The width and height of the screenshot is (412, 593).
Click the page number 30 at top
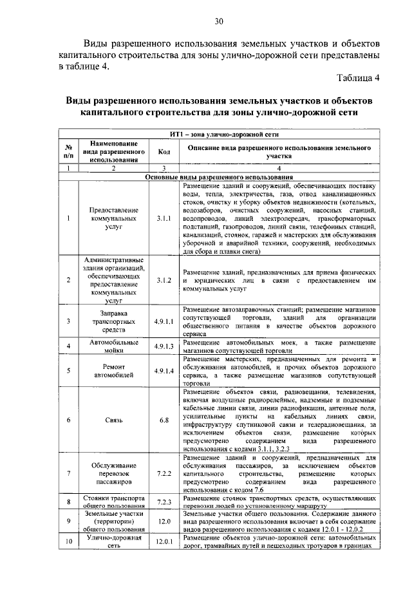[219, 22]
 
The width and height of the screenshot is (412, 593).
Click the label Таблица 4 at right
[358, 79]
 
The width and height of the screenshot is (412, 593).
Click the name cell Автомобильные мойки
[113, 346]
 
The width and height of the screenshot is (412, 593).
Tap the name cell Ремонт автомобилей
[113, 371]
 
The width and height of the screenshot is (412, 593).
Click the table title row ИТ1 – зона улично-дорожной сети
[219, 136]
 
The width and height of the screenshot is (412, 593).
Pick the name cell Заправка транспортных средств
[113, 321]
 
